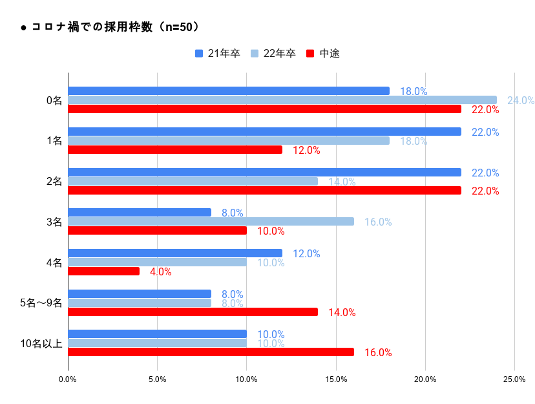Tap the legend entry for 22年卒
pos(273,54)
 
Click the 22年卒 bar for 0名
pos(282,100)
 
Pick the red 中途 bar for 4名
pos(103,271)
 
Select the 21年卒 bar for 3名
pos(140,212)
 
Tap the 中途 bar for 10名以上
pos(211,352)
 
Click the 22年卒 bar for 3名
pos(211,221)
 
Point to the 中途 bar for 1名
pos(175,150)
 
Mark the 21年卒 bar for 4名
pos(175,253)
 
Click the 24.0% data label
pos(520,101)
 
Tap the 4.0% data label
pos(160,272)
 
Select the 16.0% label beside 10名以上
pos(378,353)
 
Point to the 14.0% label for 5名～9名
pos(342,313)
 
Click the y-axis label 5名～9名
pos(41,303)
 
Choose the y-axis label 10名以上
pos(41,343)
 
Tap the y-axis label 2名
pos(54,182)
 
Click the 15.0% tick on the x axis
pos(336,379)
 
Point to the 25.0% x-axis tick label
pos(514,379)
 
